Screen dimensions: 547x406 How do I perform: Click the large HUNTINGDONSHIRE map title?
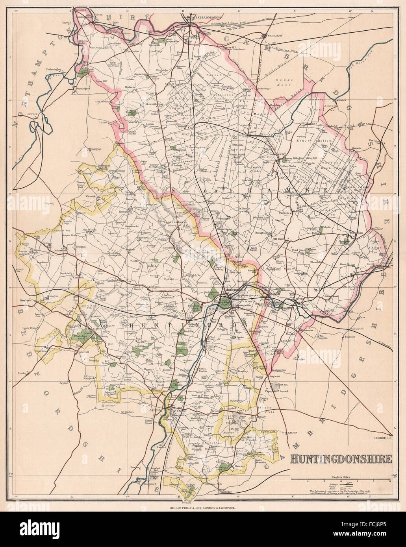(341, 458)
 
